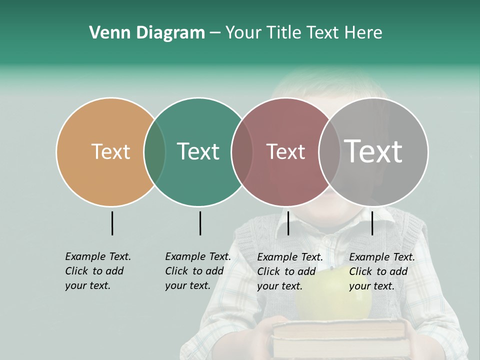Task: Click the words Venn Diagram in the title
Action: tap(147, 33)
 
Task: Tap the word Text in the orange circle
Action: tap(110, 151)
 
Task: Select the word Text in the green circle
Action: tap(198, 151)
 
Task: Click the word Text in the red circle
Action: tap(285, 151)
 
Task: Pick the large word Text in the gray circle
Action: tap(373, 151)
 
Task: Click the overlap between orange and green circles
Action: tap(154, 151)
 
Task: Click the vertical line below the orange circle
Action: tap(112, 223)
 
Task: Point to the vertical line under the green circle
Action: tap(200, 223)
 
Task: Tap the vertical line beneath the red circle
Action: tap(288, 223)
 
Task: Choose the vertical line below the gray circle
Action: tap(372, 223)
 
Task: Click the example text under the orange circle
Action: tap(97, 271)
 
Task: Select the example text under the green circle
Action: tap(197, 271)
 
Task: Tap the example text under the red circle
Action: tap(289, 271)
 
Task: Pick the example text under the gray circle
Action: tap(381, 271)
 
